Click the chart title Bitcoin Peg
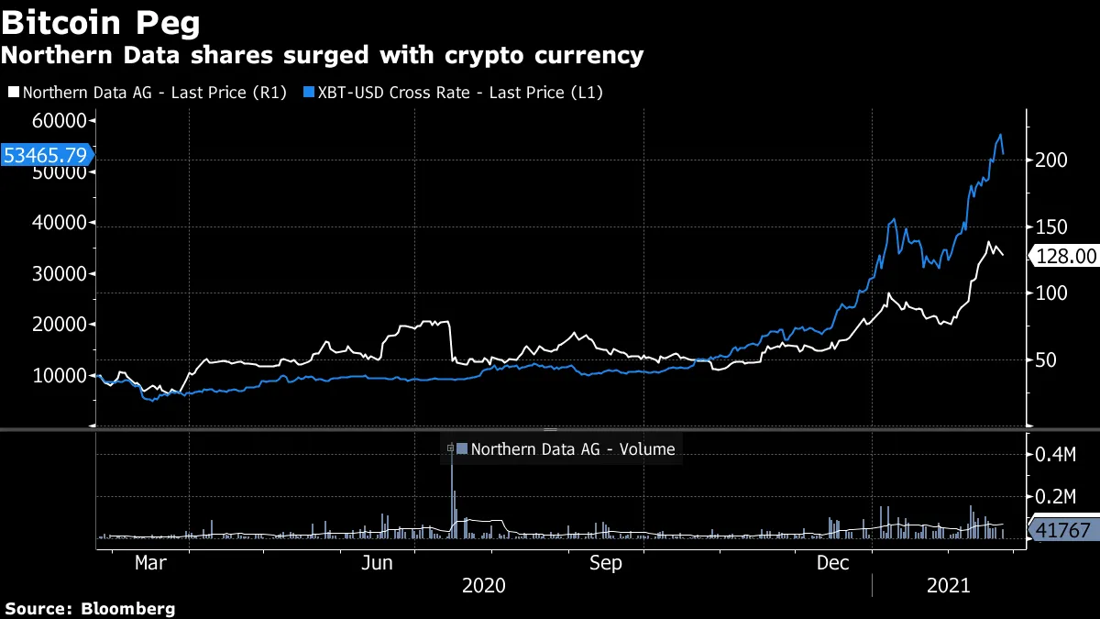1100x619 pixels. [102, 21]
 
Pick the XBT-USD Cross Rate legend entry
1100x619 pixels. [458, 92]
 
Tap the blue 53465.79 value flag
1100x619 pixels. [45, 155]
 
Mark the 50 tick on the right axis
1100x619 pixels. [1045, 359]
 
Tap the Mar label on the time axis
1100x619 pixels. [150, 563]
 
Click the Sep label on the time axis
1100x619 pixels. [605, 563]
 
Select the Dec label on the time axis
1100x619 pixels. [834, 563]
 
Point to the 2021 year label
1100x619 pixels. [950, 585]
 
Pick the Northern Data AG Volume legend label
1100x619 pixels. [572, 449]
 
